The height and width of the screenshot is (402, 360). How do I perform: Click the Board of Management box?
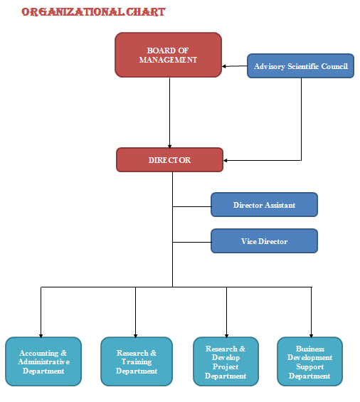(168, 55)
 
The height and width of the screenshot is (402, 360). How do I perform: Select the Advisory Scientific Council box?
(300, 66)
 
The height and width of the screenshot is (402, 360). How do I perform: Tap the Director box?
(169, 159)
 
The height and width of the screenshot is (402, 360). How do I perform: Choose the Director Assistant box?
(264, 205)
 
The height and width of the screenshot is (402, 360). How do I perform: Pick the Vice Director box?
(264, 241)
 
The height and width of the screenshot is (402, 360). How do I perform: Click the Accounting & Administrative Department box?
(43, 361)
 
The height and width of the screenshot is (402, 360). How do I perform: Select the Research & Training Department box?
(137, 361)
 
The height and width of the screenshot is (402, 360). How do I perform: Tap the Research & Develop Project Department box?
(226, 361)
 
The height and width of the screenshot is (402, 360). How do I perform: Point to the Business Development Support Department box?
(309, 361)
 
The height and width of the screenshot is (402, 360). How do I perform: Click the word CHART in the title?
(146, 12)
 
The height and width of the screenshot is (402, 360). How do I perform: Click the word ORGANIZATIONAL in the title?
(73, 12)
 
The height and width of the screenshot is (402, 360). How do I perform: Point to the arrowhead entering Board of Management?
(224, 66)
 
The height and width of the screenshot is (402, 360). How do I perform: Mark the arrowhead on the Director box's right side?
(226, 161)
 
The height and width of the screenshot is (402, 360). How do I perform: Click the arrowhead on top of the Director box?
(169, 146)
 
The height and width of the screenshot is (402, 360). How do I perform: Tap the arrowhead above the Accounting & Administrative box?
(41, 335)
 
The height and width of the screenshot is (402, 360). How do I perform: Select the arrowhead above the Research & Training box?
(135, 335)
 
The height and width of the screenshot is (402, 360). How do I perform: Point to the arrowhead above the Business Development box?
(312, 335)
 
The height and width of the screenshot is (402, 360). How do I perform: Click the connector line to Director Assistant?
(192, 206)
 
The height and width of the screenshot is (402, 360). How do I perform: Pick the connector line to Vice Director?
(192, 242)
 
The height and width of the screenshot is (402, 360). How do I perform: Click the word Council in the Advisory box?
(334, 66)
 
